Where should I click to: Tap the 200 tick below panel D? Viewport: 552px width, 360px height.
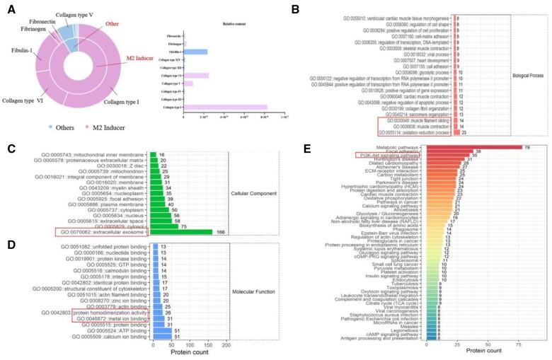pyautogui.click(x=226, y=344)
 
